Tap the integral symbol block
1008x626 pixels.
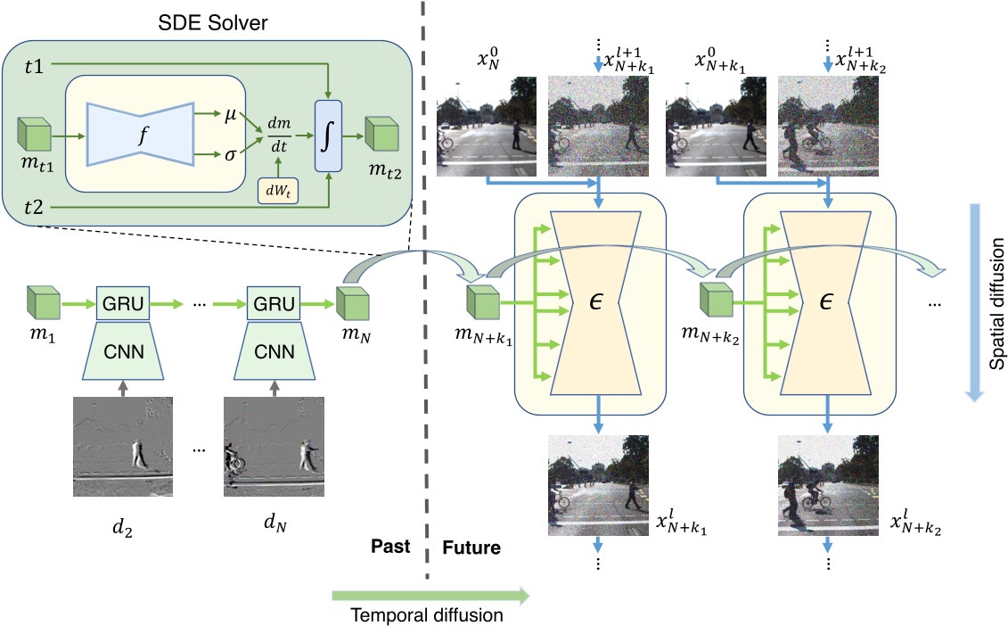coord(328,137)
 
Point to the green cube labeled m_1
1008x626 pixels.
coord(44,303)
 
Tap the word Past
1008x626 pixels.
coord(388,546)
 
